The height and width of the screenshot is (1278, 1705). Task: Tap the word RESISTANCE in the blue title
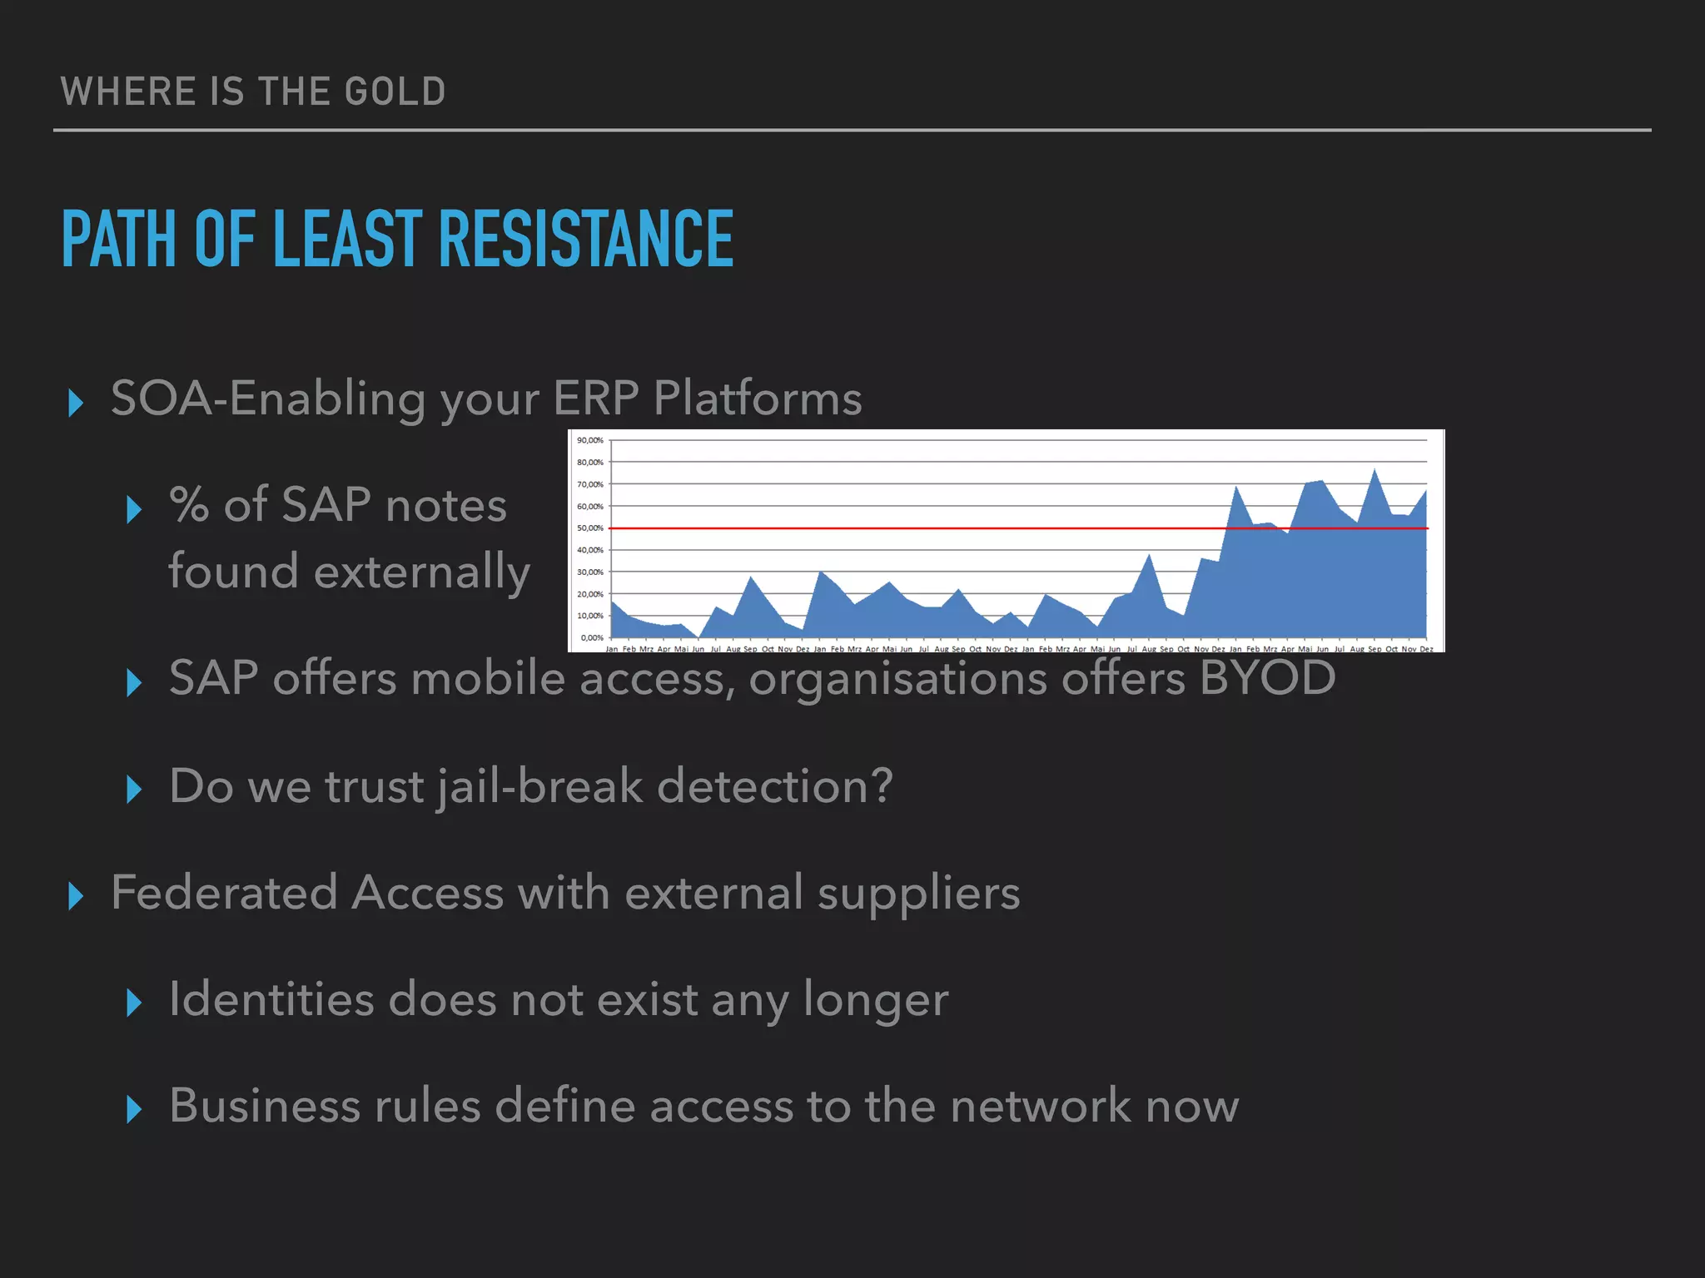click(585, 240)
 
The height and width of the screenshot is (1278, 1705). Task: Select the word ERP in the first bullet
click(596, 398)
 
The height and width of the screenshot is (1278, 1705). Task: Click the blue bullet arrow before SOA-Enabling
click(76, 403)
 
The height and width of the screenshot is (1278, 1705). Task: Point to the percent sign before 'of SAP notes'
click(189, 505)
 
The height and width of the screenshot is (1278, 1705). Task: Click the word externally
click(422, 572)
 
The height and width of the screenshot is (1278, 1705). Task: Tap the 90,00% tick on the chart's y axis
click(589, 440)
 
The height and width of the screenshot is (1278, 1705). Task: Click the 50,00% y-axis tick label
click(589, 528)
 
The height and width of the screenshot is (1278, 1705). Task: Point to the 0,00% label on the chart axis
click(591, 638)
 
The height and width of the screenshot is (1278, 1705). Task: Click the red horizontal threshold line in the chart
click(916, 528)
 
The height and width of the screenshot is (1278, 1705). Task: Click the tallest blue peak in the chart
click(1374, 473)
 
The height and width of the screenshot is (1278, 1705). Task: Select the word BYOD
click(1267, 677)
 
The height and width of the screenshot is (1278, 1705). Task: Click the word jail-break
click(539, 785)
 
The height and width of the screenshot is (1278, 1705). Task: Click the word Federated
click(224, 893)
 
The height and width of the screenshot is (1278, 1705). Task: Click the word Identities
click(271, 998)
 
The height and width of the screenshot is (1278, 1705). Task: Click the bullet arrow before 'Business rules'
click(134, 1109)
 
